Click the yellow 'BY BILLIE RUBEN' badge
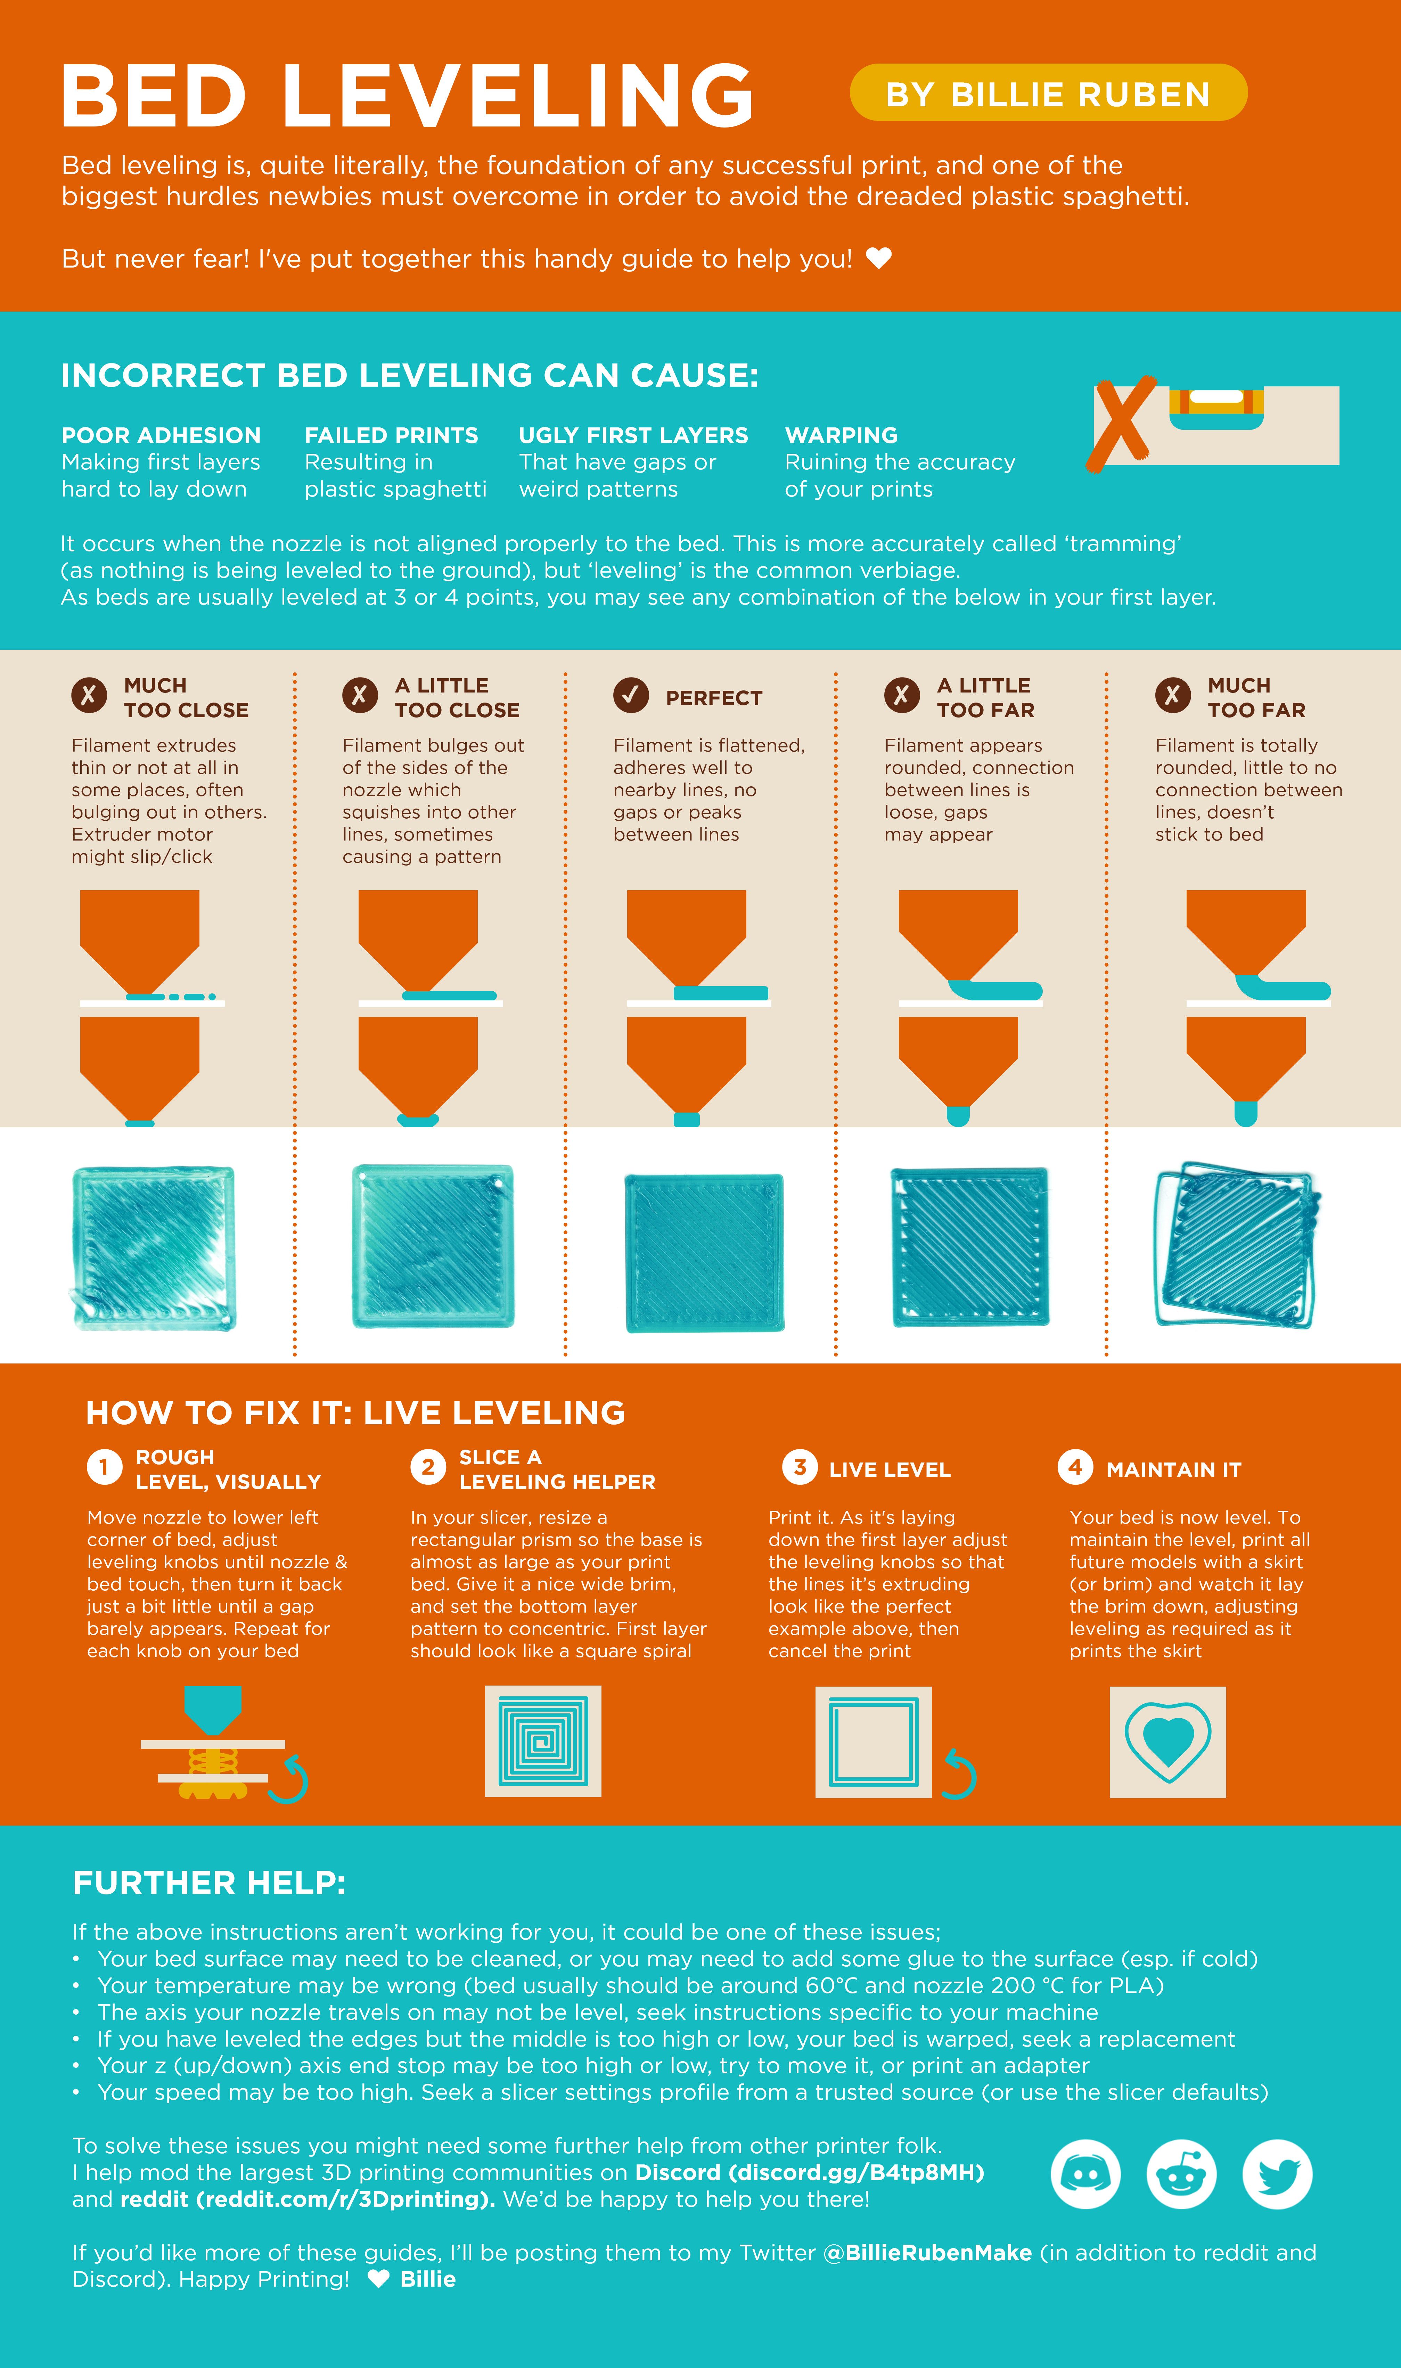[x=1048, y=93]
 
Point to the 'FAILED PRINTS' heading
[x=391, y=435]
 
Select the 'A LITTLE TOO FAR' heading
[x=985, y=697]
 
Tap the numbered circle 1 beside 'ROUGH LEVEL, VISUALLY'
[x=104, y=1467]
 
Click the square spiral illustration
[x=543, y=1741]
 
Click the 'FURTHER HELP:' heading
[x=208, y=1883]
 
